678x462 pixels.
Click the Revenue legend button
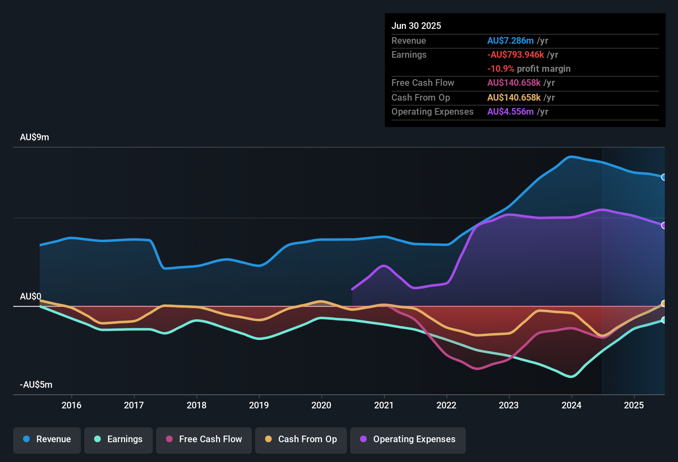pyautogui.click(x=47, y=439)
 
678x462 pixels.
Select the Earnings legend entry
pyautogui.click(x=119, y=439)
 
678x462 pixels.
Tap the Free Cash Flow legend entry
pyautogui.click(x=204, y=439)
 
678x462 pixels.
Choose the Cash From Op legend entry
pyautogui.click(x=301, y=439)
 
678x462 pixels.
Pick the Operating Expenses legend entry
pyautogui.click(x=408, y=439)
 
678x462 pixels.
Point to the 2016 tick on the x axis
pyautogui.click(x=71, y=405)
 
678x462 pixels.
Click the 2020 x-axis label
pyautogui.click(x=321, y=405)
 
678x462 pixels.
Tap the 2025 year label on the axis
pyautogui.click(x=634, y=405)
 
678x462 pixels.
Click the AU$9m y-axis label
pyautogui.click(x=34, y=137)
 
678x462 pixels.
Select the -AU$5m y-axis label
pyautogui.click(x=36, y=385)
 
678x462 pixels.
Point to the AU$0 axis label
pyautogui.click(x=31, y=297)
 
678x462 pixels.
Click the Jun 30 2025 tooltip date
pyautogui.click(x=416, y=26)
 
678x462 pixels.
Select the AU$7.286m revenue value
pyautogui.click(x=510, y=41)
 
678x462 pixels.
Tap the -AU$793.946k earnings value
pyautogui.click(x=515, y=55)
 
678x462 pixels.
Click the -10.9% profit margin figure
pyautogui.click(x=500, y=69)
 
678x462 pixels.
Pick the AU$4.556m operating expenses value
pyautogui.click(x=510, y=112)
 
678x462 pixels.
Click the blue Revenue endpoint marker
pyautogui.click(x=664, y=177)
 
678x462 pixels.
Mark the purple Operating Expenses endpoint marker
pyautogui.click(x=664, y=226)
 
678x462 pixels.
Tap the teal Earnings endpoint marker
pyautogui.click(x=664, y=320)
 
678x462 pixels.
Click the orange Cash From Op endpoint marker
pyautogui.click(x=664, y=304)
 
